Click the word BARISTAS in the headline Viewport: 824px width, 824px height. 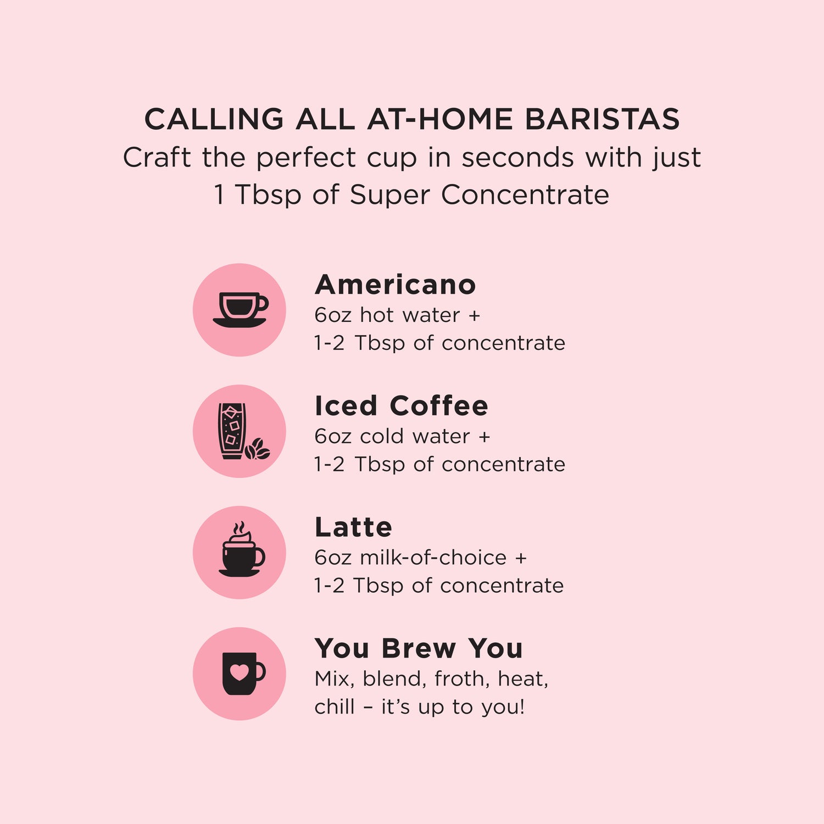[602, 119]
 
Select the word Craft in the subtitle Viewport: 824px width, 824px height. [157, 158]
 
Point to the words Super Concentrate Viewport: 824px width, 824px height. [479, 194]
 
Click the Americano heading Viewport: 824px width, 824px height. [395, 285]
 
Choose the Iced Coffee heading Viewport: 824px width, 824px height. [401, 406]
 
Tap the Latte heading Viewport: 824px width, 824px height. [353, 527]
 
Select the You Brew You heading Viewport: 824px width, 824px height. [418, 648]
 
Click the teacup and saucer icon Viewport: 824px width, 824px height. [240, 310]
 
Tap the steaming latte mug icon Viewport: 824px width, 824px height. [241, 555]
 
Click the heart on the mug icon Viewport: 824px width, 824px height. [239, 672]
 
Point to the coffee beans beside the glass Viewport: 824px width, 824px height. [258, 449]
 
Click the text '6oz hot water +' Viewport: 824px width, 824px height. [397, 315]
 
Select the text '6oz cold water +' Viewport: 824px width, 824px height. [402, 437]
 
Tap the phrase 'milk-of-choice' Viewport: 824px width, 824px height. [433, 558]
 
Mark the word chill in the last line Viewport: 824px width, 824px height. [334, 707]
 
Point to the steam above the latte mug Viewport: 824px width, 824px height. [239, 528]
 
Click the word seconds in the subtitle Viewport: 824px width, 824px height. [517, 158]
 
